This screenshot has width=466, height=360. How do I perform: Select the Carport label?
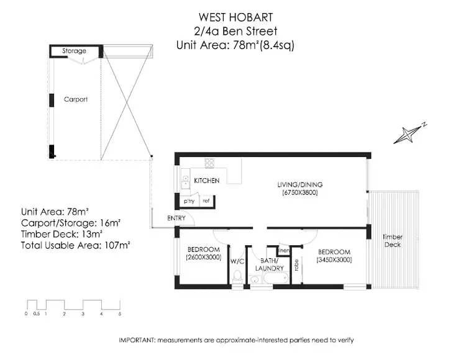76,99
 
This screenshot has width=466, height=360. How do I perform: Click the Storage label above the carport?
74,51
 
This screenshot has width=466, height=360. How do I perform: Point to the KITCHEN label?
207,181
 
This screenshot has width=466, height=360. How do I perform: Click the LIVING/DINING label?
300,184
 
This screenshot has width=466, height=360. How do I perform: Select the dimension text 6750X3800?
300,193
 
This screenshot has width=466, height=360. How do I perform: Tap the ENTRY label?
176,218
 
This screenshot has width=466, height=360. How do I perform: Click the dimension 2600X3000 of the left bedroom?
204,257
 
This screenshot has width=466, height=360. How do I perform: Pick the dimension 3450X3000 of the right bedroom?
334,260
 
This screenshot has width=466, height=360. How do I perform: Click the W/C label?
237,261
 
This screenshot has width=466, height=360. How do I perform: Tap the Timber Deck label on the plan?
392,241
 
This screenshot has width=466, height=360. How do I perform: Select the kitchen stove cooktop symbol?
209,164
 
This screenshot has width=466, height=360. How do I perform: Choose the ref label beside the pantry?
206,201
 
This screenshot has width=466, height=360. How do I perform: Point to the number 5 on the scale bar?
119,315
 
